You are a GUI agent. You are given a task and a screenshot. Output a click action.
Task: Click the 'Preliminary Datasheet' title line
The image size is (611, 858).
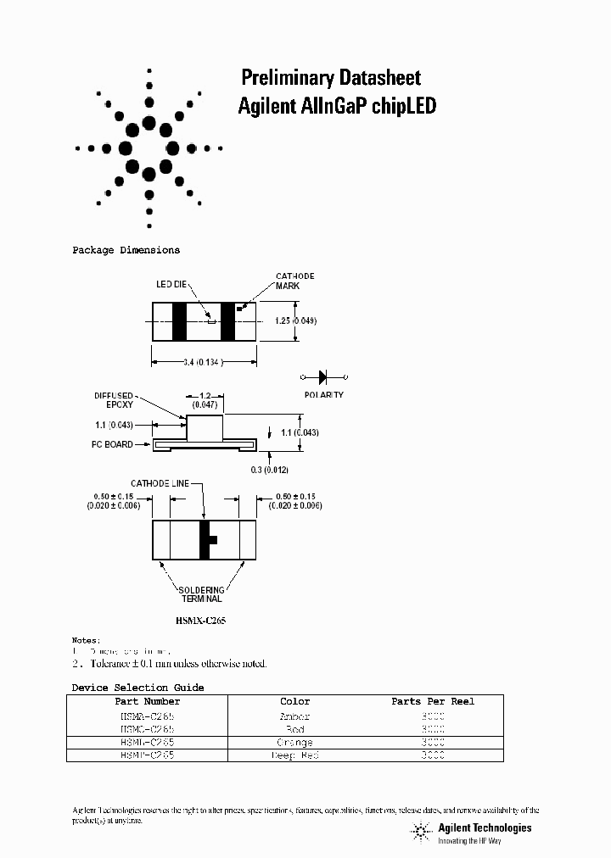pyautogui.click(x=331, y=79)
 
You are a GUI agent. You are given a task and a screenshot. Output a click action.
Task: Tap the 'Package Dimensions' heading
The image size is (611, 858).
pyautogui.click(x=126, y=251)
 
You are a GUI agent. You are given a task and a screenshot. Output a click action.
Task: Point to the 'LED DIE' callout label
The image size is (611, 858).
pyautogui.click(x=171, y=285)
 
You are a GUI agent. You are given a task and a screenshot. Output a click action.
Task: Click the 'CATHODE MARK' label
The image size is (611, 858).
pyautogui.click(x=294, y=281)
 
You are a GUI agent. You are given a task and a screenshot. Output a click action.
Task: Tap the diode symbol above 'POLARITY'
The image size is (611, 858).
pyautogui.click(x=324, y=377)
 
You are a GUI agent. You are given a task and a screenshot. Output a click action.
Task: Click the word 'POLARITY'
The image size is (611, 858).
pyautogui.click(x=324, y=395)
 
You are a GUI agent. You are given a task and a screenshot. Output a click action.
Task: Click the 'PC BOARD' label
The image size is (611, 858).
pyautogui.click(x=112, y=444)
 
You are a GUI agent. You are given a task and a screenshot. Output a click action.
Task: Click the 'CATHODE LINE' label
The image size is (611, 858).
pyautogui.click(x=160, y=483)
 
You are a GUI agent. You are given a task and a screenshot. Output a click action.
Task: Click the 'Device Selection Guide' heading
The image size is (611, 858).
pyautogui.click(x=137, y=688)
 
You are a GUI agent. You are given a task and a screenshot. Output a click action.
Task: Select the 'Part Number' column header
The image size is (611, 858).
pyautogui.click(x=148, y=702)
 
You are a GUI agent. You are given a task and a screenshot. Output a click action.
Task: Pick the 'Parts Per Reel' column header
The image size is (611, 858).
pyautogui.click(x=433, y=702)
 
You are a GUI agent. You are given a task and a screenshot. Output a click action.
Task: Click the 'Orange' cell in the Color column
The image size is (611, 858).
pyautogui.click(x=295, y=743)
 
